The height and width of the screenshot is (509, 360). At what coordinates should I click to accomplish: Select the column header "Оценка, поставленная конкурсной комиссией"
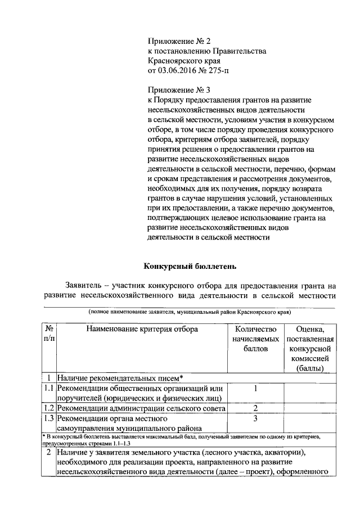[x=310, y=349]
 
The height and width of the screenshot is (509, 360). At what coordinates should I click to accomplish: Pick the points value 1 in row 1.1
[x=255, y=388]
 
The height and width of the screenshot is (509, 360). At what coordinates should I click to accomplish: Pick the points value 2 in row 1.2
[x=255, y=408]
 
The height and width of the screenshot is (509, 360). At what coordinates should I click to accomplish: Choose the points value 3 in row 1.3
[x=255, y=418]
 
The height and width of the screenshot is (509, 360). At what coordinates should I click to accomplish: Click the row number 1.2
[x=49, y=408]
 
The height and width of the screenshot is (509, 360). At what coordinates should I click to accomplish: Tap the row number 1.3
[x=49, y=418]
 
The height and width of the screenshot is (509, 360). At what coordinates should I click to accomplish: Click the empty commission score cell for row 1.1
[x=310, y=393]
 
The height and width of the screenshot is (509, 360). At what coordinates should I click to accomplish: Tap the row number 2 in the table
[x=49, y=452]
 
